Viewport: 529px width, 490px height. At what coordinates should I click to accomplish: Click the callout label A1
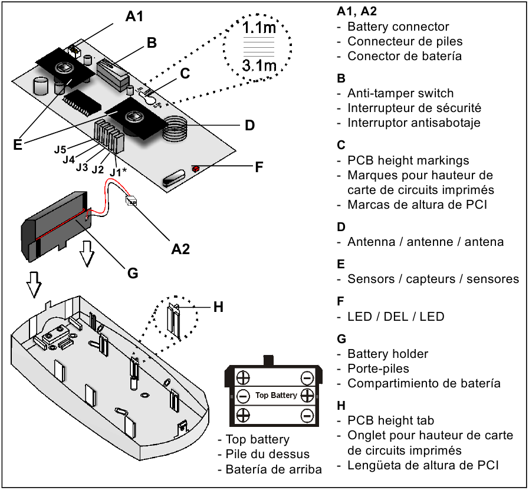point(134,17)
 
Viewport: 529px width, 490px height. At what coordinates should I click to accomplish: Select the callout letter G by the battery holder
point(133,273)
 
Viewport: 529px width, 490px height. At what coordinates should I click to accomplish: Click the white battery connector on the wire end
point(132,201)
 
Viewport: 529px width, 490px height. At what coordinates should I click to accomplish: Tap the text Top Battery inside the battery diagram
point(275,395)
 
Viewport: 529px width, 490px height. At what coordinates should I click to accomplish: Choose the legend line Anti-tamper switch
point(400,93)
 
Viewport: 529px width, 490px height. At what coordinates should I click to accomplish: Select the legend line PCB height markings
point(408,160)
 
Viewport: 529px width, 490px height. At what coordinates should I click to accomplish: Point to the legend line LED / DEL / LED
point(396,317)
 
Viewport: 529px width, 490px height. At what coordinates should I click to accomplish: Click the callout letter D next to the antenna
point(249,125)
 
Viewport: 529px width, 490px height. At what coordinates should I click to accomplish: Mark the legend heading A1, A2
point(357,11)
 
